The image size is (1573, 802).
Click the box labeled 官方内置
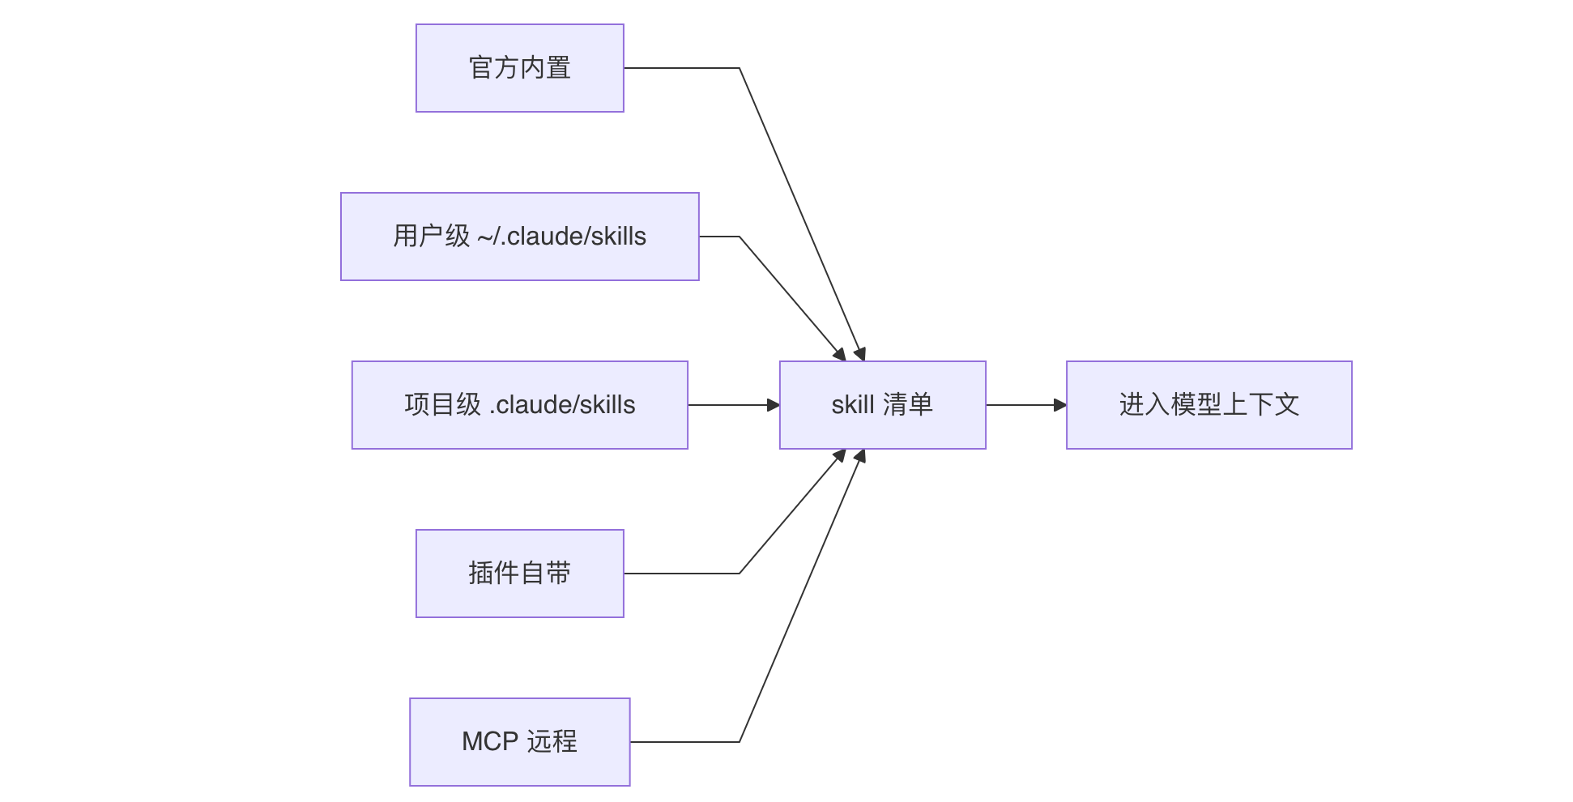[520, 68]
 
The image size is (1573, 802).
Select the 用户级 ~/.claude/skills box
[520, 237]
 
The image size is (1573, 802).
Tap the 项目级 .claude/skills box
[520, 405]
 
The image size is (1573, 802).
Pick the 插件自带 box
[520, 574]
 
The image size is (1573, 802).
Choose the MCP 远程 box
[520, 742]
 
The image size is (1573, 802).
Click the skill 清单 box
[883, 405]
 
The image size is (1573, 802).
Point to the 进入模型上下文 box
[1209, 405]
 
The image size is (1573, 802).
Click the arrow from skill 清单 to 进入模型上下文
[1026, 405]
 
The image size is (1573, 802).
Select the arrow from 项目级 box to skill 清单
[734, 405]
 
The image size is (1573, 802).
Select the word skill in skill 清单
[853, 404]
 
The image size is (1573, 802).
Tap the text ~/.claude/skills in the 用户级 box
[562, 237]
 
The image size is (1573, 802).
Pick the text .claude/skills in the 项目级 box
[562, 405]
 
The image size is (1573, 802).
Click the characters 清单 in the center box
[908, 404]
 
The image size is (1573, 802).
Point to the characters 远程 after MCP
[552, 741]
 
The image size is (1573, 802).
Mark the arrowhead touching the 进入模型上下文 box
[1060, 405]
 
